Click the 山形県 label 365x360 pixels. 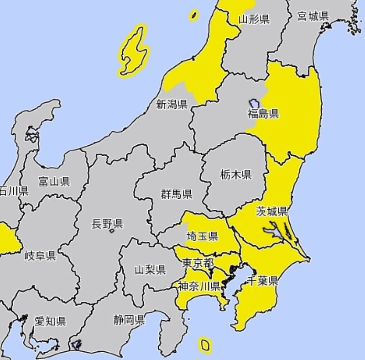pyautogui.click(x=254, y=19)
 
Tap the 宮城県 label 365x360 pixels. pyautogui.click(x=313, y=16)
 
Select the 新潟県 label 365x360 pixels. pyautogui.click(x=172, y=105)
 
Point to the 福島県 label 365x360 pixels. pyautogui.click(x=263, y=113)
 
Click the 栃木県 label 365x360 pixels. pyautogui.click(x=235, y=174)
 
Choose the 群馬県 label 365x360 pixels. pyautogui.click(x=176, y=194)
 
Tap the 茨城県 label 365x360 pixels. pyautogui.click(x=271, y=211)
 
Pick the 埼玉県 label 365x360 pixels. pyautogui.click(x=202, y=236)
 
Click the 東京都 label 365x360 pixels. pyautogui.click(x=198, y=263)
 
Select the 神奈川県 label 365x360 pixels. pyautogui.click(x=199, y=286)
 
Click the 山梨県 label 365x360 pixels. pyautogui.click(x=150, y=270)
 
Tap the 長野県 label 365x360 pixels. pyautogui.click(x=107, y=224)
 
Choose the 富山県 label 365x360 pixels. pyautogui.click(x=54, y=182)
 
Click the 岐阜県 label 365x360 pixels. pyautogui.click(x=40, y=255)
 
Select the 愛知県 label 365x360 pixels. pyautogui.click(x=50, y=321)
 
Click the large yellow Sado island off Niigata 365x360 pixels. pyautogui.click(x=134, y=50)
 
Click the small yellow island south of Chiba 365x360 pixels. pyautogui.click(x=205, y=345)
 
